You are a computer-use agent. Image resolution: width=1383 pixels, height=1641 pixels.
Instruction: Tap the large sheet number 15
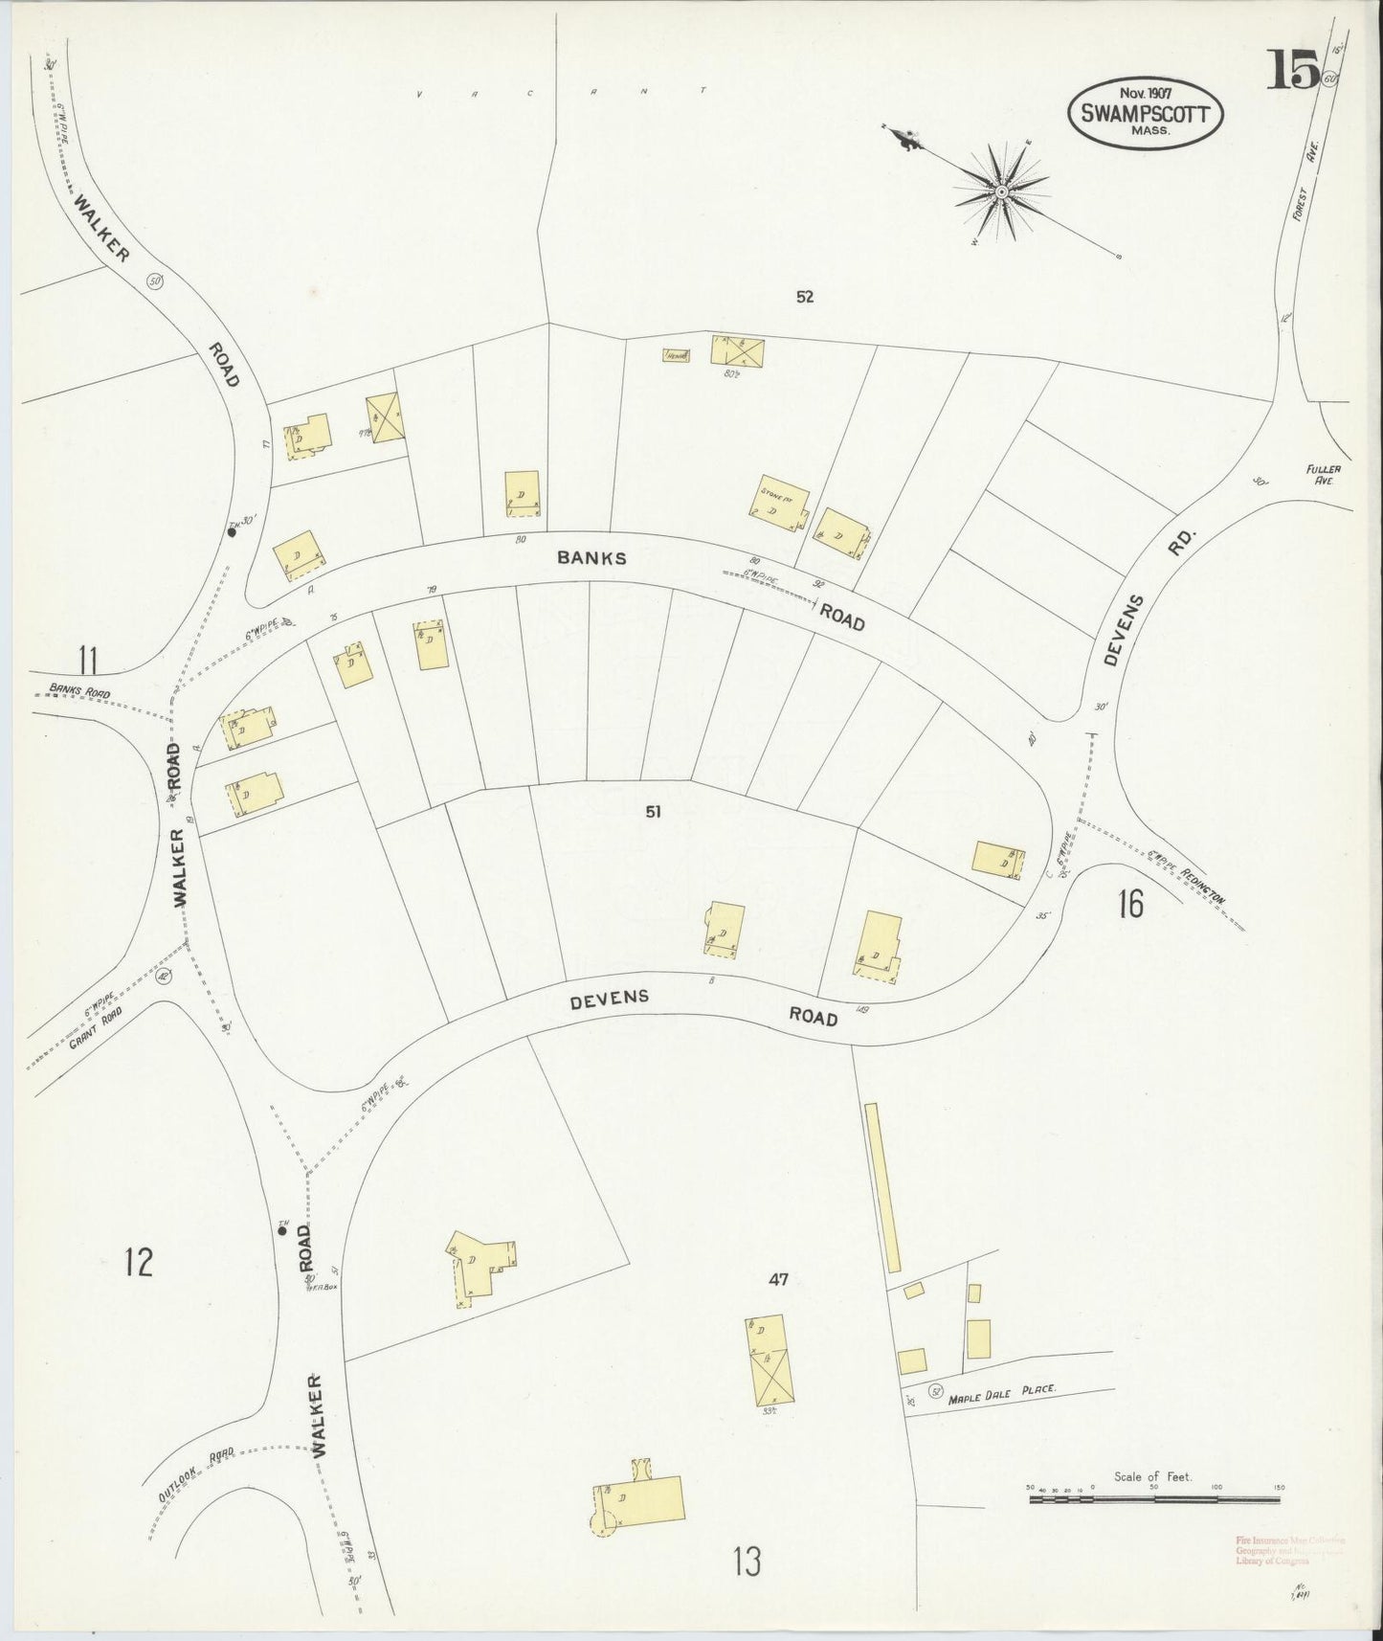tap(1294, 69)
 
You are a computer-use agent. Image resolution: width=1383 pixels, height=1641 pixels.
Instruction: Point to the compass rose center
tap(1001, 191)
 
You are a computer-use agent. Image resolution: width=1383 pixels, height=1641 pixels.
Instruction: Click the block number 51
tap(654, 812)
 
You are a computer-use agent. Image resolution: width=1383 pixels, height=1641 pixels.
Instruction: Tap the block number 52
tap(804, 297)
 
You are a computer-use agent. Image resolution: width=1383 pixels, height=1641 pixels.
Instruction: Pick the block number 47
tap(778, 1279)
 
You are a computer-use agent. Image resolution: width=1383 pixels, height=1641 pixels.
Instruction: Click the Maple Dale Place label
tap(1001, 1399)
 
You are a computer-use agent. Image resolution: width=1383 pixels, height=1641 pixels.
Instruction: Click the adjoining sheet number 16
tap(1130, 903)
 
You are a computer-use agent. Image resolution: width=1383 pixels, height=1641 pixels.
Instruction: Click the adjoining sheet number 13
tap(747, 1562)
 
